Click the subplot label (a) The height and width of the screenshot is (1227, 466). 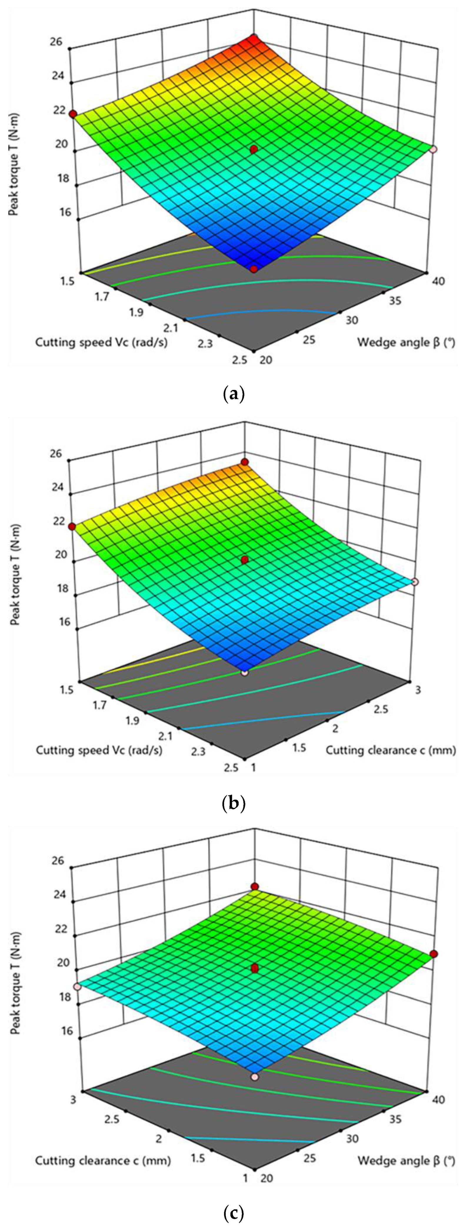coord(233,395)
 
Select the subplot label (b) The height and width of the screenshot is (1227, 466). coord(233,804)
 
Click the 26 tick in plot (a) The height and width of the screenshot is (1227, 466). coord(56,42)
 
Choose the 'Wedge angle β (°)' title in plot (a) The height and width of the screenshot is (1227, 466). coord(406,342)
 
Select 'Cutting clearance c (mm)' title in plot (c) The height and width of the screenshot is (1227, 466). coord(103,1161)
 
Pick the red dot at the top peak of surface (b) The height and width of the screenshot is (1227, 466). coord(245,462)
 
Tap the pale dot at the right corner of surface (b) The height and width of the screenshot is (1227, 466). coord(415,582)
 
